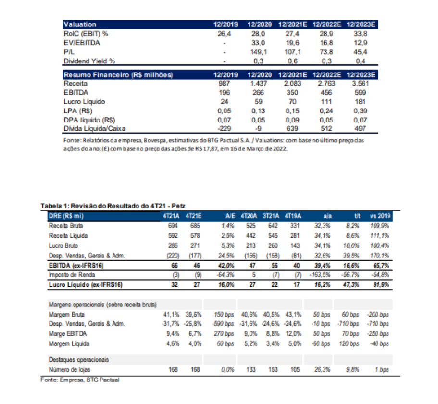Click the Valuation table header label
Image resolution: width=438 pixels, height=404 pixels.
(80, 24)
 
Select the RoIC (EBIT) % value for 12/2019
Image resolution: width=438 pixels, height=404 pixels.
(225, 34)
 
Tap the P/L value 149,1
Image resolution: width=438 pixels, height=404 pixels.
(259, 52)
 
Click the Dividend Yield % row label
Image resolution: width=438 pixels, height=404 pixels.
(90, 61)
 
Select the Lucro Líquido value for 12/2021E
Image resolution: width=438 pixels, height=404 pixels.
(292, 102)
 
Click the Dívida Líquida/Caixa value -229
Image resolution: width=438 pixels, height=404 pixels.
(225, 129)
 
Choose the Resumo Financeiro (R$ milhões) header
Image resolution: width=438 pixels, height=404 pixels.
(118, 74)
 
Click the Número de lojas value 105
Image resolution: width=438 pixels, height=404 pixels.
(295, 369)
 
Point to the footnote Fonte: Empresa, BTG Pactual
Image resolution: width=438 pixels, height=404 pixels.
(80, 380)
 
